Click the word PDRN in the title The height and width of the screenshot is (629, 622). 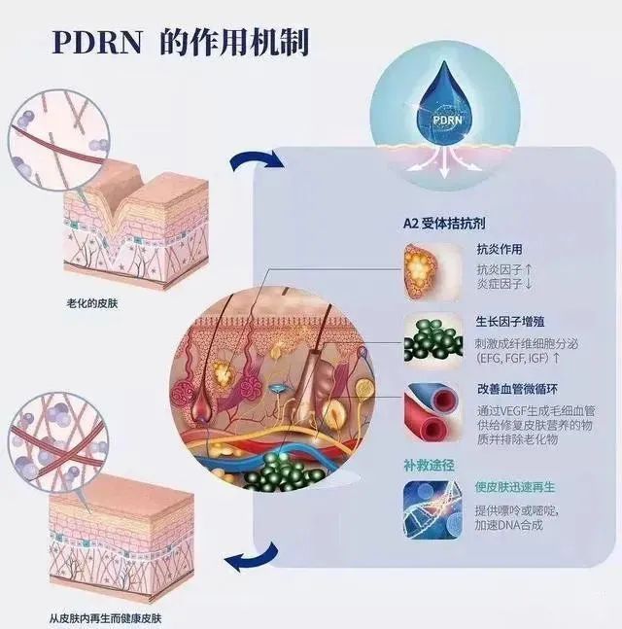[x=97, y=42]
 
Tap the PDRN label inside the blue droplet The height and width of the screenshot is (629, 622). [x=447, y=120]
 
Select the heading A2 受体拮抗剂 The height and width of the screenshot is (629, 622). [x=444, y=223]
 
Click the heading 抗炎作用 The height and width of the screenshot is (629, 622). [x=500, y=249]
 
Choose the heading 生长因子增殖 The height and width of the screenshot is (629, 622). [x=509, y=322]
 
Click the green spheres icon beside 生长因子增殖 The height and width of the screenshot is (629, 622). [x=433, y=342]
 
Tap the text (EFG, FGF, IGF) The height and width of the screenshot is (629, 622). [x=512, y=358]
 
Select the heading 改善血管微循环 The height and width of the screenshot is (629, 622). [x=517, y=389]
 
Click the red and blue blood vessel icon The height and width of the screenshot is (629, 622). [x=432, y=413]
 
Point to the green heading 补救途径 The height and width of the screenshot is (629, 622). [x=429, y=466]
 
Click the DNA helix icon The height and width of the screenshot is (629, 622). [x=432, y=510]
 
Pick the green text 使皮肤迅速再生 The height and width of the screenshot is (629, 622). [x=514, y=487]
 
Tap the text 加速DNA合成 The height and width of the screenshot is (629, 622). [x=508, y=525]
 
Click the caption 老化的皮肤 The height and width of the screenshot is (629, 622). [x=92, y=303]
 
